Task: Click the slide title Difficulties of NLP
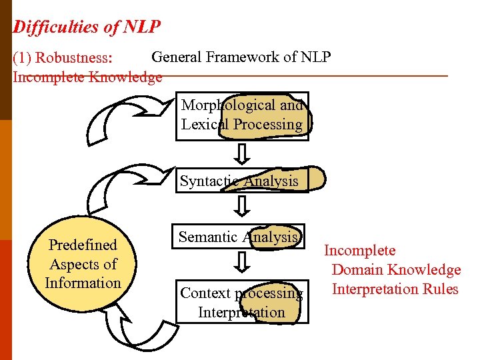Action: click(x=87, y=27)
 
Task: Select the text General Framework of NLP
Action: click(x=241, y=57)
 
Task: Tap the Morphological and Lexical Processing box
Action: click(x=242, y=115)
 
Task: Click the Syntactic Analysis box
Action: click(x=241, y=181)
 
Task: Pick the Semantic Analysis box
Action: click(x=238, y=237)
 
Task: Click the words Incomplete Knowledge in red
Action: click(x=87, y=77)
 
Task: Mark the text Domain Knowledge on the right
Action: click(x=396, y=269)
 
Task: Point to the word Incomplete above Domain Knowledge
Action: click(x=359, y=251)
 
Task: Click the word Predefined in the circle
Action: click(x=83, y=245)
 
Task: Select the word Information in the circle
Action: click(x=83, y=283)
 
